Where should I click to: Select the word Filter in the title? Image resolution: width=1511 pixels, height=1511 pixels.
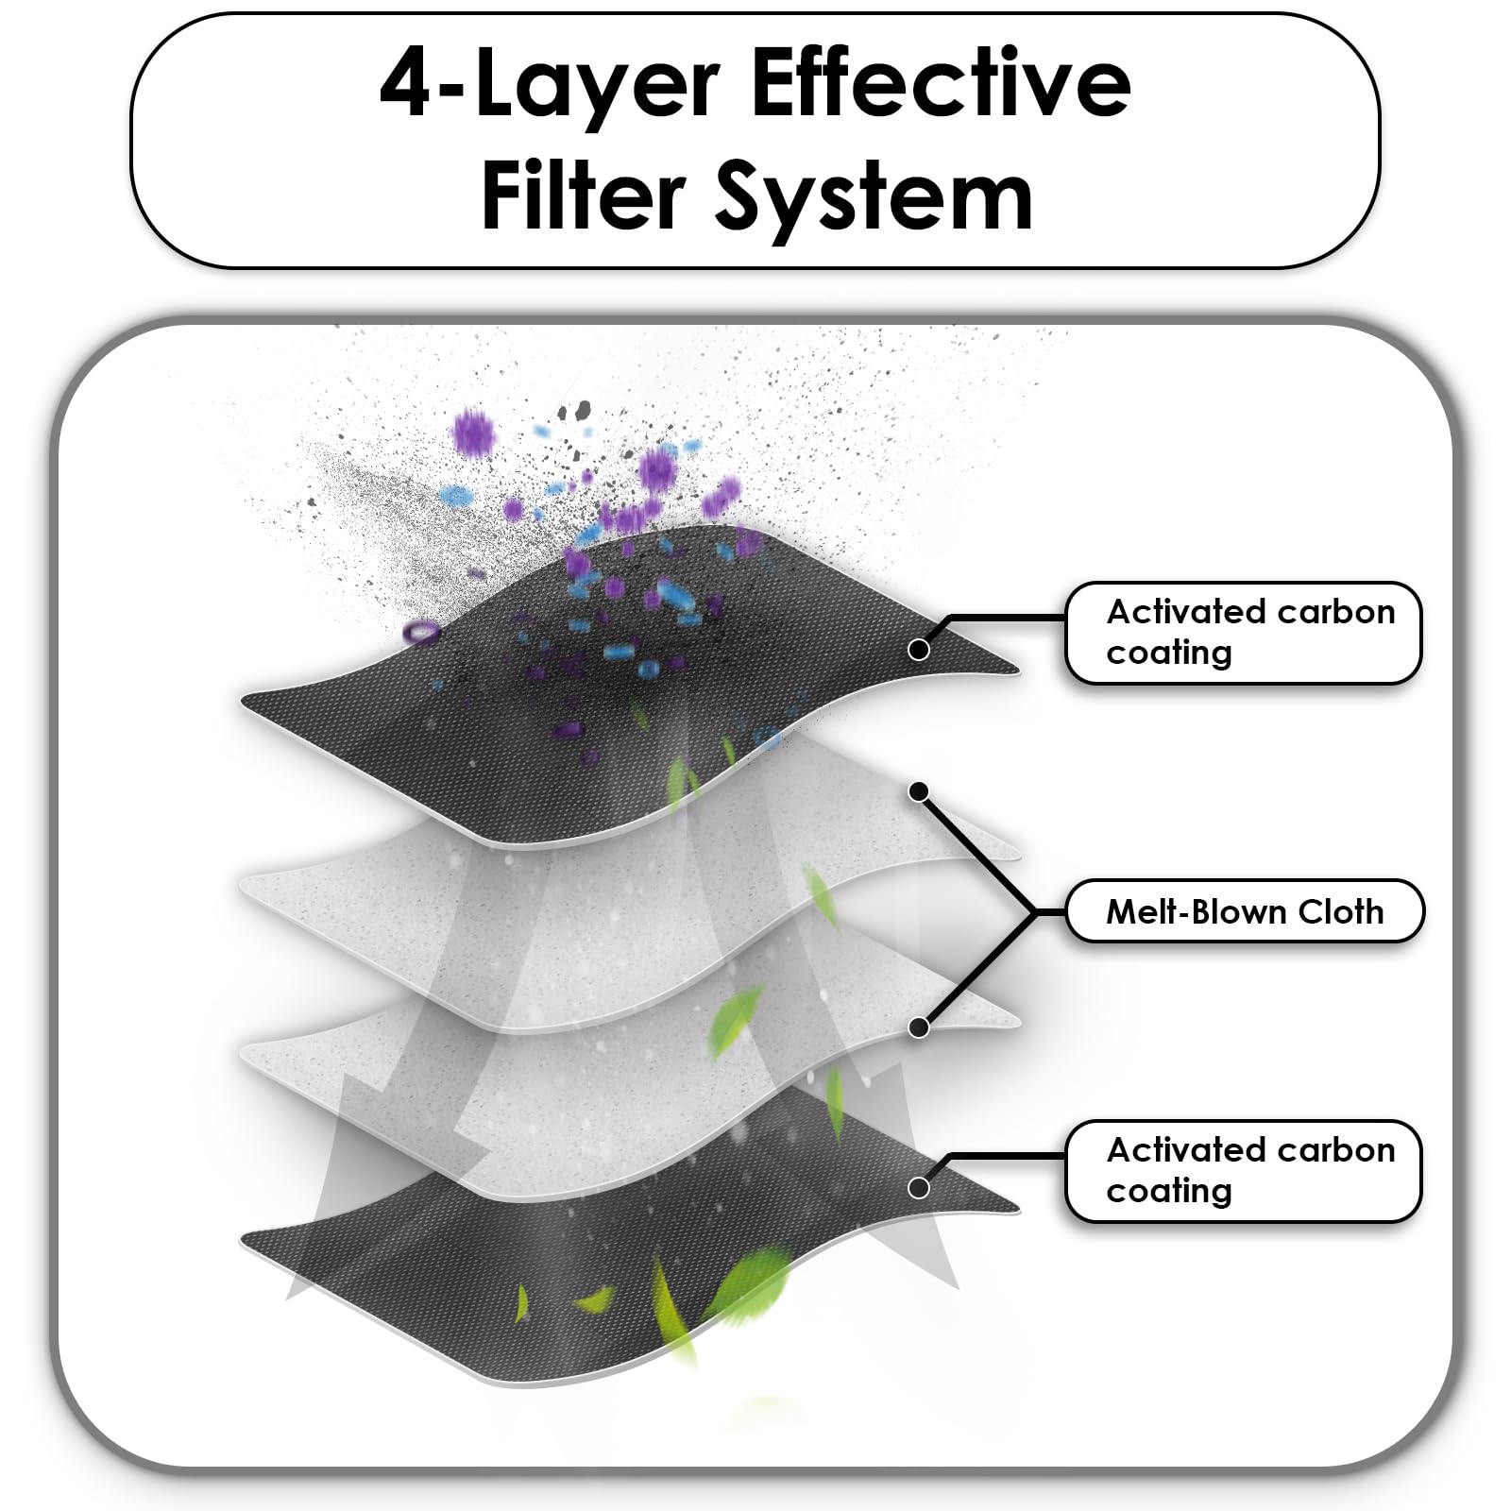(583, 195)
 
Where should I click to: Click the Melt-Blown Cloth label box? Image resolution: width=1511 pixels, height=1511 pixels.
(1244, 911)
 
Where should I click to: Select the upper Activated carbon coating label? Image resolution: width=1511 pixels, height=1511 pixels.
(1243, 633)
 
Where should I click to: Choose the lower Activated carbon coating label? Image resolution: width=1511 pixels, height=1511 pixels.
(1243, 1171)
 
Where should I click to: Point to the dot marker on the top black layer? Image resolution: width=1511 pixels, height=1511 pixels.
(918, 650)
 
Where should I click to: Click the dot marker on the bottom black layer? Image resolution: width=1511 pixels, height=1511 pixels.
(918, 1188)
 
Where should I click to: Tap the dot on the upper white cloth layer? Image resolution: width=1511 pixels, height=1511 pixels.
(918, 791)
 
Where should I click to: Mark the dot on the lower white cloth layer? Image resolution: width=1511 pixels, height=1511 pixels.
(918, 1027)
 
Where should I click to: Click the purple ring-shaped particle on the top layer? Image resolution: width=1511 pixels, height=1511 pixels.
(421, 632)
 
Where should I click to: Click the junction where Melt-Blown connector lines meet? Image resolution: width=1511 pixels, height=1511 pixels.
(1036, 912)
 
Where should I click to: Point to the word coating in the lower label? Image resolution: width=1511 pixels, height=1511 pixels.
(1169, 1192)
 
